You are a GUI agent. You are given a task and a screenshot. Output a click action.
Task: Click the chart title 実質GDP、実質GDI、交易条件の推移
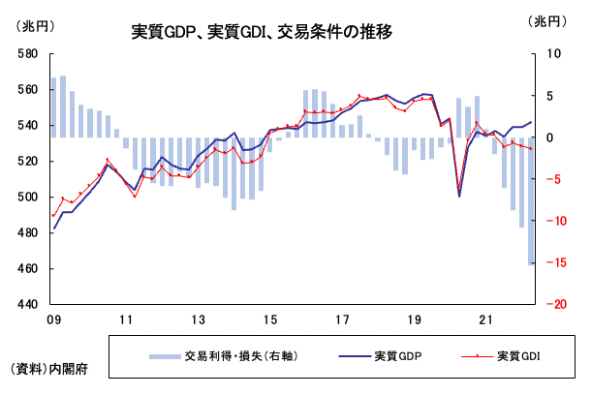click(x=262, y=31)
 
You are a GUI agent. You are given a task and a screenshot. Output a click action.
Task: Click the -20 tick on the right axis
click(x=555, y=304)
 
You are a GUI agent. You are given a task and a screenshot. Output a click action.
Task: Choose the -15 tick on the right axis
click(x=555, y=262)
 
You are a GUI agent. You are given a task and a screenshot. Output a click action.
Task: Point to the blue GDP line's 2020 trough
click(x=459, y=196)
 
